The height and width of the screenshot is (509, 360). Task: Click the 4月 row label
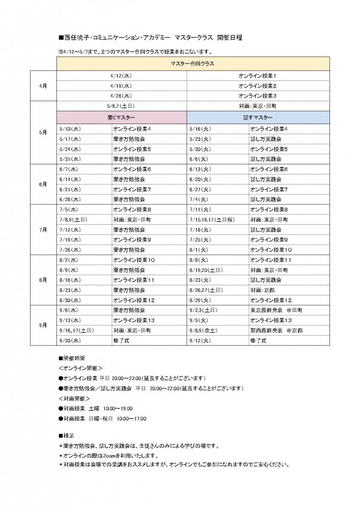coord(43,85)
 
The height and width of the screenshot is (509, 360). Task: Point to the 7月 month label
coord(43,229)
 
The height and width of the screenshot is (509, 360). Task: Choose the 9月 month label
coord(43,325)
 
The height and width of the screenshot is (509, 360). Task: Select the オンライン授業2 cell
coord(257,85)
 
